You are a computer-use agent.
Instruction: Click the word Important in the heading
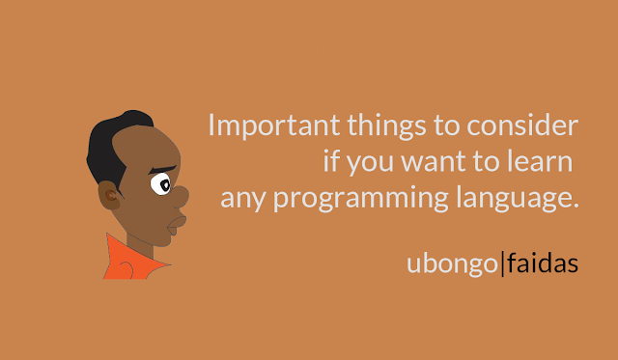tap(274, 125)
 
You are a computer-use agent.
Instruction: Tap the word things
tap(386, 125)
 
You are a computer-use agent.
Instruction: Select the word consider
tap(522, 125)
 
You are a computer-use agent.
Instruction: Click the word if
tap(331, 161)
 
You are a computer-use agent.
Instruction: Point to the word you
tap(370, 163)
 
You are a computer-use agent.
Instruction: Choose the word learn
tap(540, 161)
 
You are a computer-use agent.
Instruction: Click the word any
tap(243, 199)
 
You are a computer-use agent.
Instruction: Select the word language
tap(518, 199)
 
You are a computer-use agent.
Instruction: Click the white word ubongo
tap(453, 264)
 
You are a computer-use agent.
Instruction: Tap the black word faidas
tap(543, 263)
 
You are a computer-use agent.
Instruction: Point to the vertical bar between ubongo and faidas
tap(502, 263)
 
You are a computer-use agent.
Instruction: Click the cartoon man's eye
tap(161, 184)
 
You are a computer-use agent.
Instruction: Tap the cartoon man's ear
tap(109, 195)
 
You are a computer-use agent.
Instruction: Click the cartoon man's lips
tap(176, 225)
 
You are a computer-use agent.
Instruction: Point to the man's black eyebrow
tap(162, 170)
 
